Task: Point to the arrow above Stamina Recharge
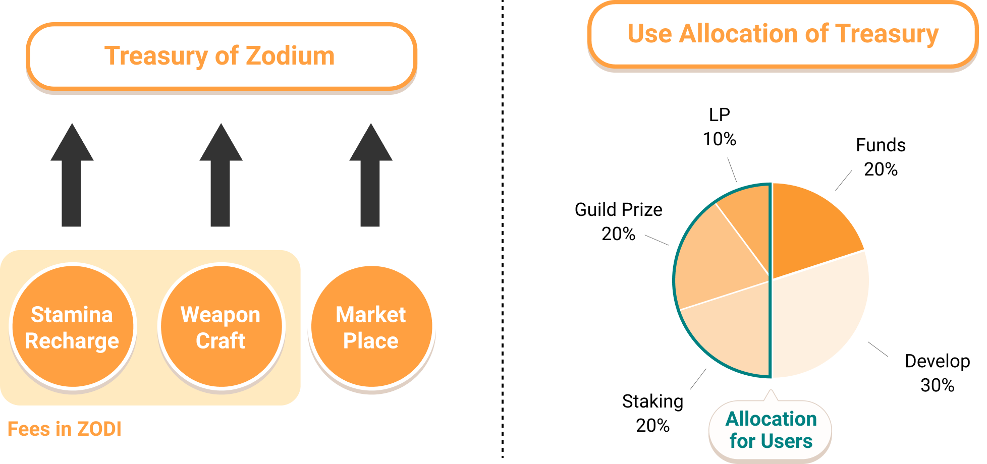pos(72,177)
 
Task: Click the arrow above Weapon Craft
pos(221,177)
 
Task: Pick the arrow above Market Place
pos(370,177)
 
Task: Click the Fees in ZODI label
pos(64,429)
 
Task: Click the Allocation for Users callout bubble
pos(770,430)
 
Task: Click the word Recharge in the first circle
pos(72,341)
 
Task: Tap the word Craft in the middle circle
pos(221,341)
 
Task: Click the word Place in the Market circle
pos(371,341)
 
